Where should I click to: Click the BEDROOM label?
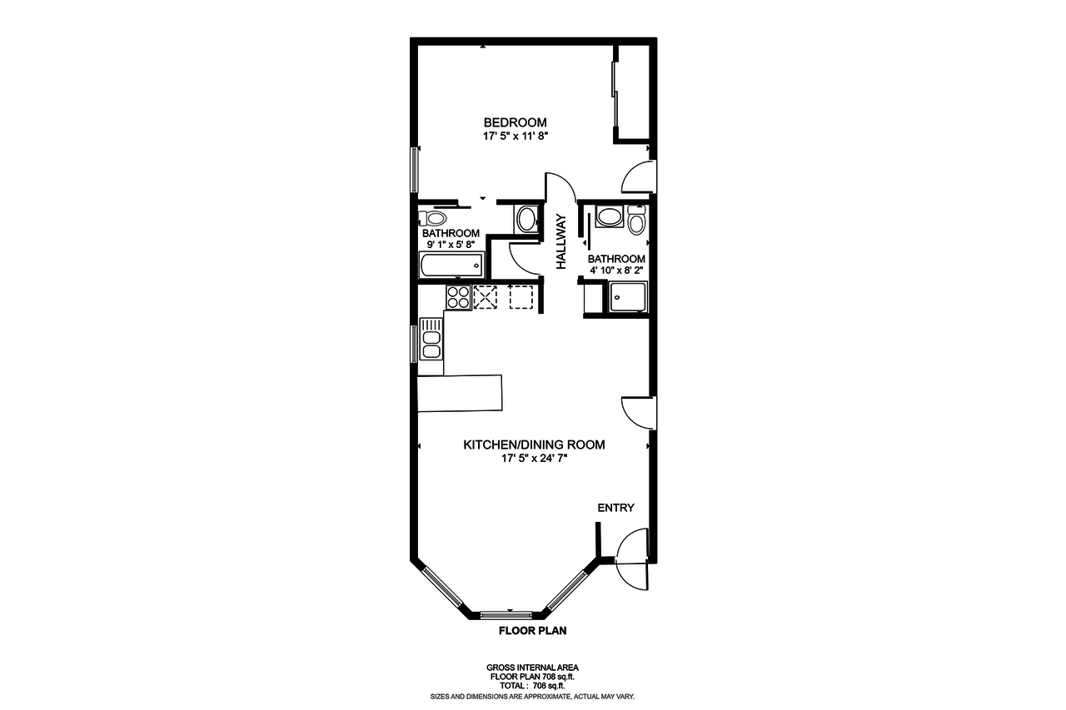coord(515,122)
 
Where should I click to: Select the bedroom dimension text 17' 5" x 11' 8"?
coord(515,136)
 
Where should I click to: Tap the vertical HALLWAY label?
coord(561,242)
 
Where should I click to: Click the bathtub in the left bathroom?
coord(451,266)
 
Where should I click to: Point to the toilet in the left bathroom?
coord(433,219)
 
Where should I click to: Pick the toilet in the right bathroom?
coord(637,221)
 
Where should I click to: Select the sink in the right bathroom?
coord(609,218)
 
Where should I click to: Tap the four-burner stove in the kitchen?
coord(458,297)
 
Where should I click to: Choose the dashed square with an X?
coord(485,297)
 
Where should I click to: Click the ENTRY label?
coord(615,508)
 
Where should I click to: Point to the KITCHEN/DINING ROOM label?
coord(534,444)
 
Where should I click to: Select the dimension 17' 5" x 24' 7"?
coord(534,458)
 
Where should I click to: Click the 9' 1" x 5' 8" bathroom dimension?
coord(450,246)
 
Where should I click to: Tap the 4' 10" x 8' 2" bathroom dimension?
coord(616,271)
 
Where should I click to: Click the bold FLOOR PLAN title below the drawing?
coord(532,631)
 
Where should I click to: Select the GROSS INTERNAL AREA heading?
coord(532,668)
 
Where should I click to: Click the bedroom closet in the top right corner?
coord(634,92)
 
